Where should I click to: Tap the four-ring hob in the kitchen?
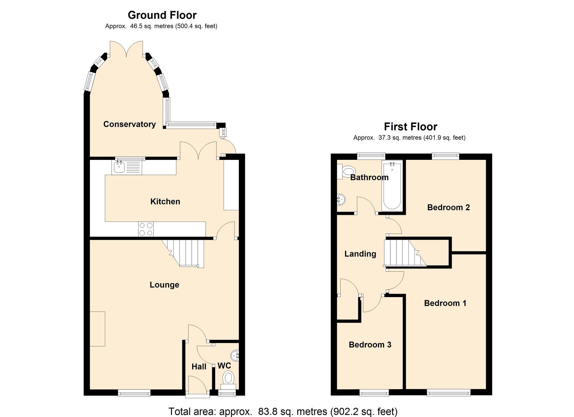tap(146, 229)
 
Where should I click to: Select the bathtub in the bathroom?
tap(392, 186)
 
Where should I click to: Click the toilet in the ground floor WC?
tap(228, 381)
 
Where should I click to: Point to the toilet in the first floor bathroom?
tap(346, 171)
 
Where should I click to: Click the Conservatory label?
tap(130, 124)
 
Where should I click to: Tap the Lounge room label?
tap(164, 285)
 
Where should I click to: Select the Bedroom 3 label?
tap(370, 345)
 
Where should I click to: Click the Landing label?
tap(360, 254)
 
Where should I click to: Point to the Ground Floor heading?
tap(162, 15)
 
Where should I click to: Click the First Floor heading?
tap(410, 127)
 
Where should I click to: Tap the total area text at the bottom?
tap(283, 411)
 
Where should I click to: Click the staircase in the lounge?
tap(183, 253)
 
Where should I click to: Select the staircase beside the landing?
tap(405, 253)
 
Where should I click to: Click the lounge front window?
tap(134, 393)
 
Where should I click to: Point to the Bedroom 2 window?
tap(446, 156)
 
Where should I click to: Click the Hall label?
tap(199, 367)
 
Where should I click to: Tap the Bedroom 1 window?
tap(449, 393)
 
